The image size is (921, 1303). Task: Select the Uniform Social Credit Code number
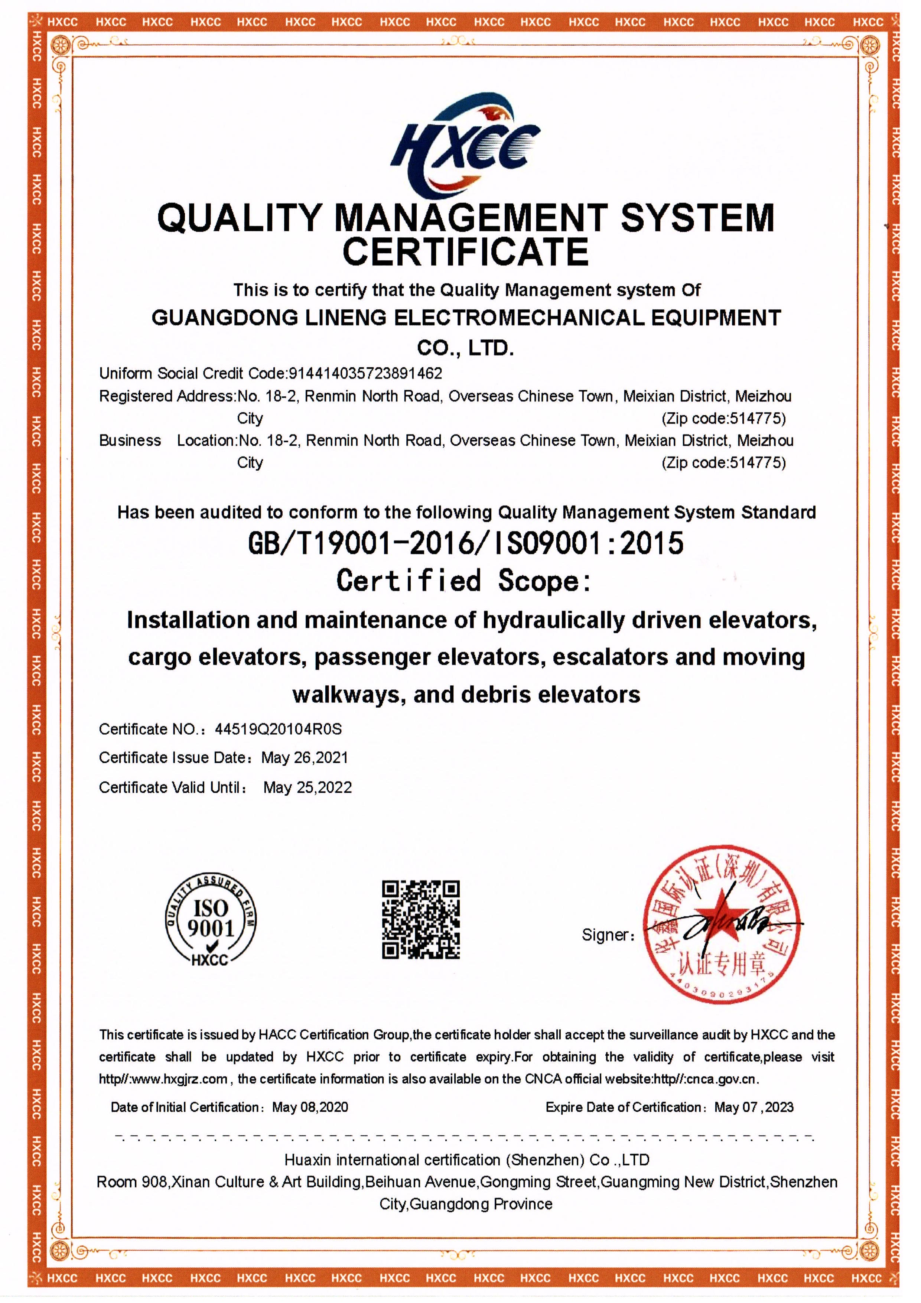pyautogui.click(x=365, y=373)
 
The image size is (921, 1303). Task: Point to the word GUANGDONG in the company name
pyautogui.click(x=224, y=318)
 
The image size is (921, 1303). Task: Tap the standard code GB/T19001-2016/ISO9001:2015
pyautogui.click(x=465, y=543)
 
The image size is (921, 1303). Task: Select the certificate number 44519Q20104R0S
pyautogui.click(x=278, y=729)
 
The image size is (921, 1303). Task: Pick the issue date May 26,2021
pyautogui.click(x=304, y=758)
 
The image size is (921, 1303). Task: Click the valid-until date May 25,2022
pyautogui.click(x=307, y=788)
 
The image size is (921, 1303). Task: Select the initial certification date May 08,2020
pyautogui.click(x=310, y=1107)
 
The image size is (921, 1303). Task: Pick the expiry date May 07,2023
pyautogui.click(x=754, y=1107)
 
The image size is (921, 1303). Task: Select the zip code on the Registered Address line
pyautogui.click(x=723, y=419)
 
